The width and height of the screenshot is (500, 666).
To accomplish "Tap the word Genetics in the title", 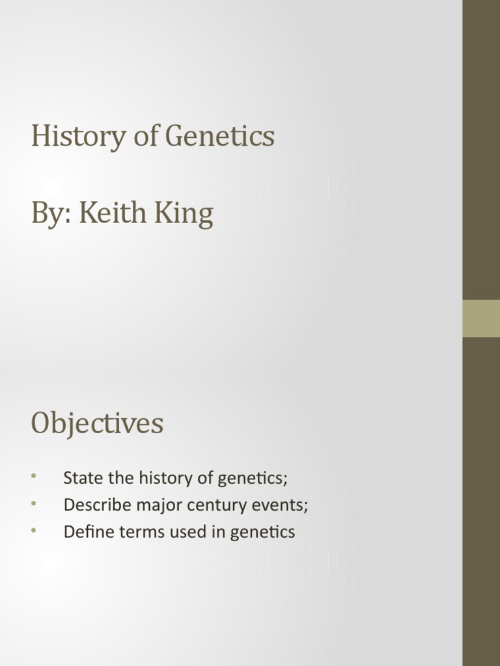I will [x=220, y=137].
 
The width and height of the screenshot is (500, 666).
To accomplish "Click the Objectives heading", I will [x=97, y=424].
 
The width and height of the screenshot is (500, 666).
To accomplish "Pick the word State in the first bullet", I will [x=81, y=478].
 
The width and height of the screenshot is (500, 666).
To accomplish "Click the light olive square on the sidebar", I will [x=481, y=318].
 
